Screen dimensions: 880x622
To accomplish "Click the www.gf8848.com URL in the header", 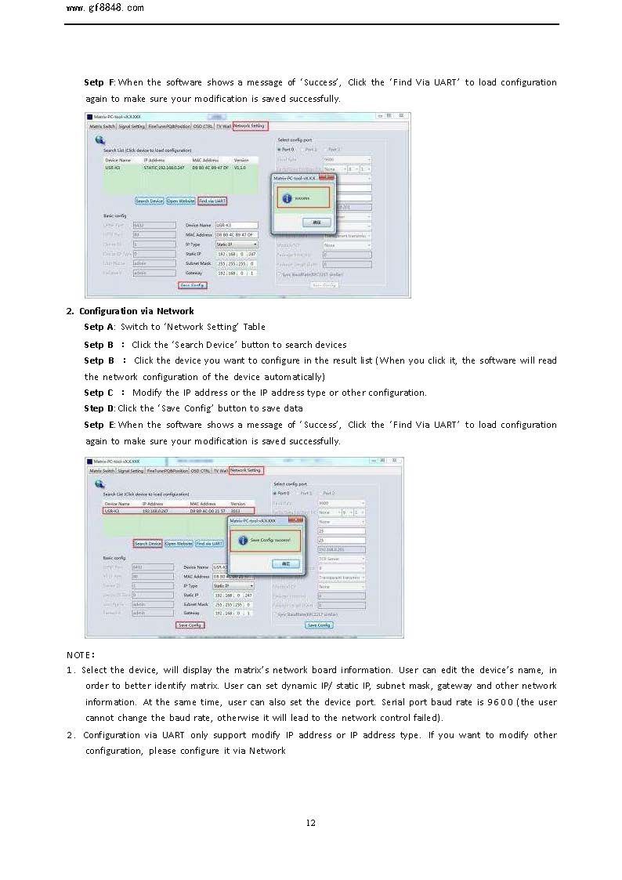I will tap(105, 8).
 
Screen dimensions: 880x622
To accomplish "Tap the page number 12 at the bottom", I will tap(311, 822).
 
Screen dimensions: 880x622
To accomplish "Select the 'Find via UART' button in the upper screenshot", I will tap(212, 201).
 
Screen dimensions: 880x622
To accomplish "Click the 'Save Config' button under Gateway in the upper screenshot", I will tap(192, 285).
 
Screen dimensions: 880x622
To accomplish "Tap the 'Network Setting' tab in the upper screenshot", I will tap(250, 125).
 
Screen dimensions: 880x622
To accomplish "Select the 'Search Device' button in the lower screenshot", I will tap(147, 543).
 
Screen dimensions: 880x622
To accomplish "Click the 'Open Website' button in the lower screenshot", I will tap(179, 543).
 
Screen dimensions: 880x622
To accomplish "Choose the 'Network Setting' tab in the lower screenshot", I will tap(246, 470).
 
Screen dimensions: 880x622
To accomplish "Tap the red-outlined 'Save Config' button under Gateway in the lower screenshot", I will tap(190, 625).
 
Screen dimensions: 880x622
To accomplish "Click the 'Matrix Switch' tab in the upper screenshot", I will tap(103, 125).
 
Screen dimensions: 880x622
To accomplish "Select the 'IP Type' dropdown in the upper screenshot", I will tap(237, 244).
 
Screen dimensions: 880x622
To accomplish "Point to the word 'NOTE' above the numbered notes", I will tap(80, 654).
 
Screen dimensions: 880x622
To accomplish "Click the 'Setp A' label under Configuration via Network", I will tap(99, 327).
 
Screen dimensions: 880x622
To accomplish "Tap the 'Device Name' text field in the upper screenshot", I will tap(237, 225).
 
